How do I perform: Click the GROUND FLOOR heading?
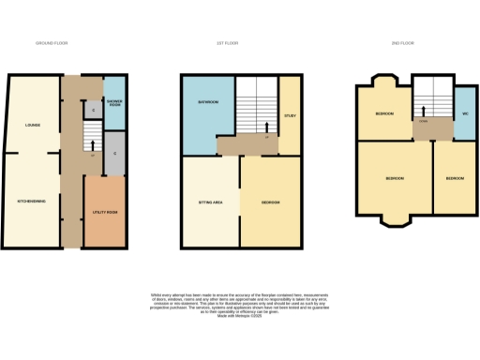point(52,43)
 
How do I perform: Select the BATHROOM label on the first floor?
point(207,101)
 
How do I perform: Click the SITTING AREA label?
point(209,202)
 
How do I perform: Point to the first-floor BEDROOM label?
point(270,202)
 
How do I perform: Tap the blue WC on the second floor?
point(465,113)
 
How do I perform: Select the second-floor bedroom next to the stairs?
point(384,113)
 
